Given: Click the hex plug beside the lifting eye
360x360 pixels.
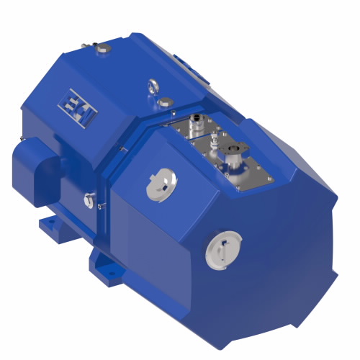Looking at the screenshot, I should [165, 102].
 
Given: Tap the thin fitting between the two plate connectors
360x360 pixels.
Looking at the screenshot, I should [215, 143].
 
